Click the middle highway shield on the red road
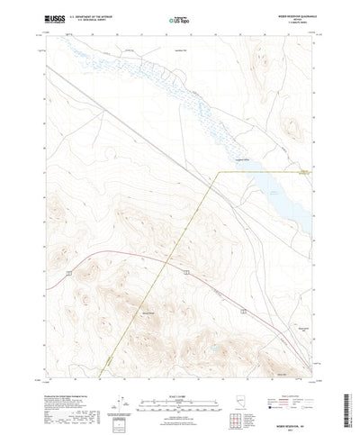pyautogui.click(x=184, y=270)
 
